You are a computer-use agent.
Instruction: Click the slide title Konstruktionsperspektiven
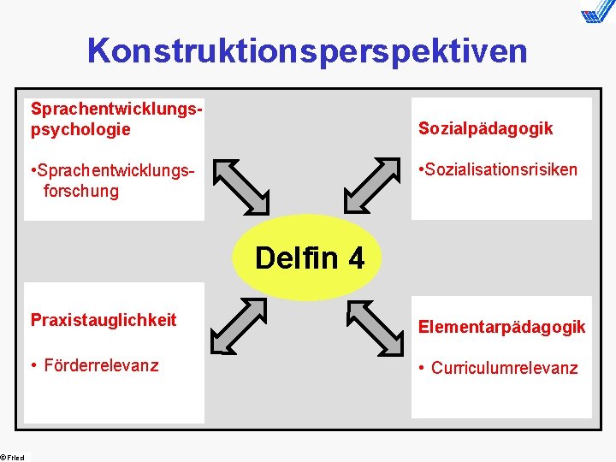(307, 51)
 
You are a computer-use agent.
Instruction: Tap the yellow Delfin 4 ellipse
(309, 258)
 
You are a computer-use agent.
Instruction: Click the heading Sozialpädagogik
(485, 128)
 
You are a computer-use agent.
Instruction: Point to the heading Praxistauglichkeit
(104, 320)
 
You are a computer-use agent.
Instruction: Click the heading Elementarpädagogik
(501, 326)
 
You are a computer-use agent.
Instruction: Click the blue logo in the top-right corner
(597, 13)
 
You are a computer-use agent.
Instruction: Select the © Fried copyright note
(14, 456)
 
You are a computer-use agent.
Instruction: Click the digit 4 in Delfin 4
(355, 258)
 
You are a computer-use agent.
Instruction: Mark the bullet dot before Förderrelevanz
(34, 366)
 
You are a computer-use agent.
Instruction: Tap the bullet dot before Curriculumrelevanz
(421, 369)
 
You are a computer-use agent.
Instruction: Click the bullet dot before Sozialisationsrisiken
(422, 169)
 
